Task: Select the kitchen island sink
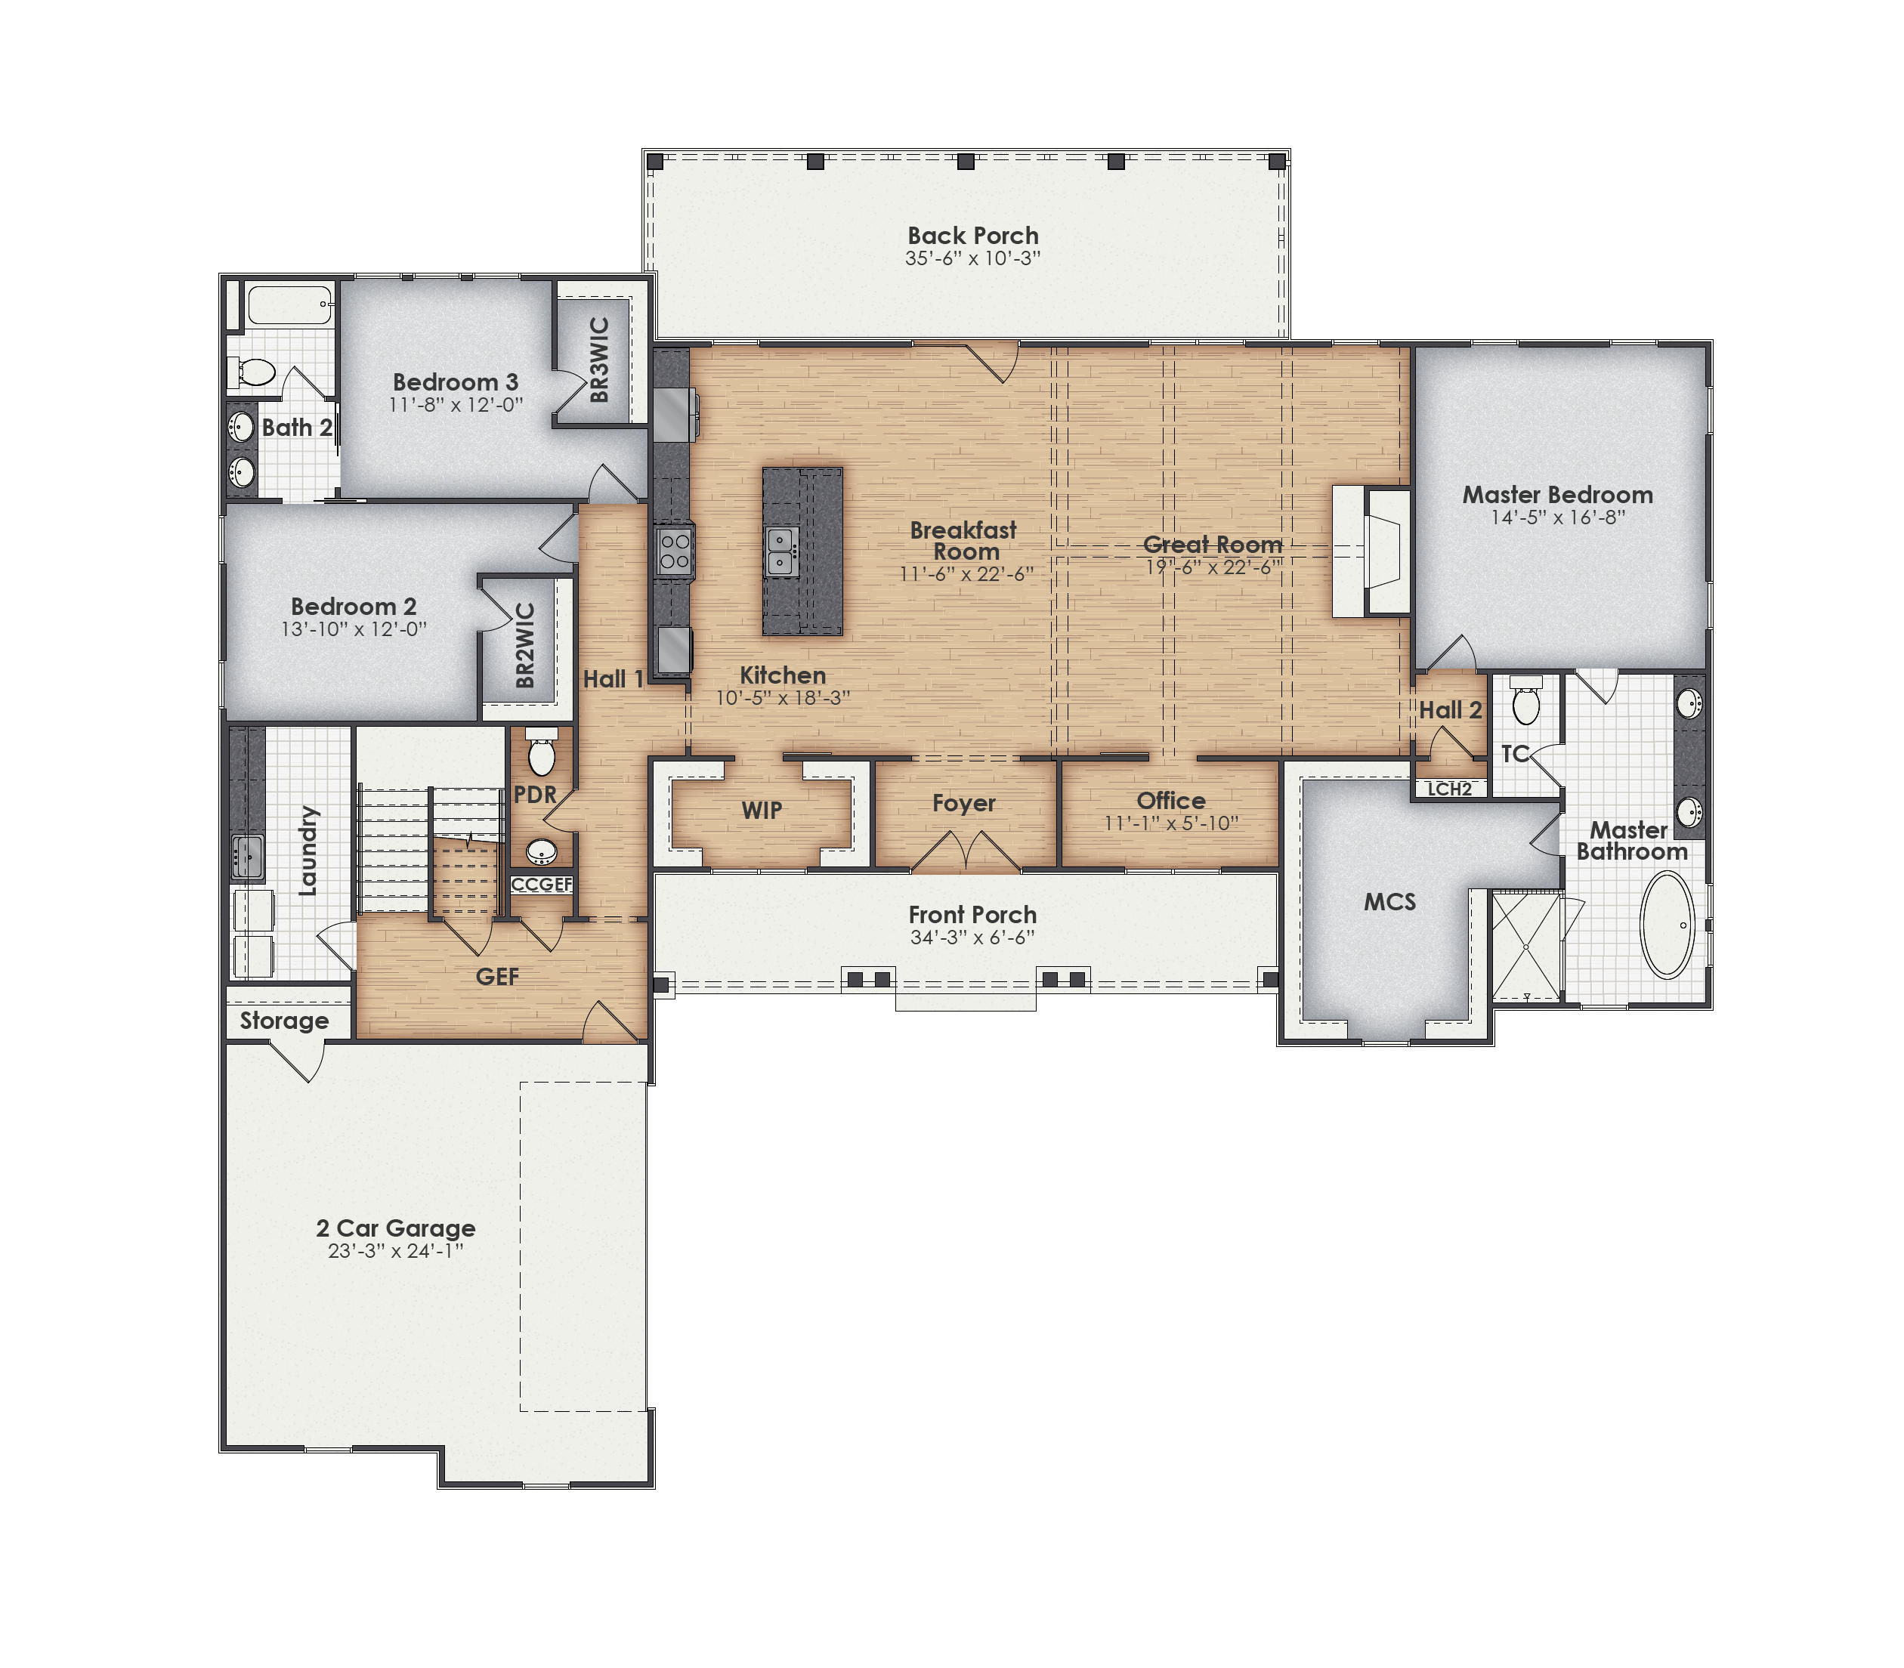coord(780,551)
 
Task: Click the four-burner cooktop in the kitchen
coord(674,550)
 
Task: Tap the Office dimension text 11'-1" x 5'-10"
coord(1170,823)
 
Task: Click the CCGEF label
coord(541,885)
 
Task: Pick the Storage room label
coord(284,1020)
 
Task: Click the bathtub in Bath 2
coord(289,304)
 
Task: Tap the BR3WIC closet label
coord(600,360)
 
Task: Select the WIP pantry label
coord(762,810)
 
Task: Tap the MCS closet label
coord(1389,901)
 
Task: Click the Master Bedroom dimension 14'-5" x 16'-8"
coord(1558,517)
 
